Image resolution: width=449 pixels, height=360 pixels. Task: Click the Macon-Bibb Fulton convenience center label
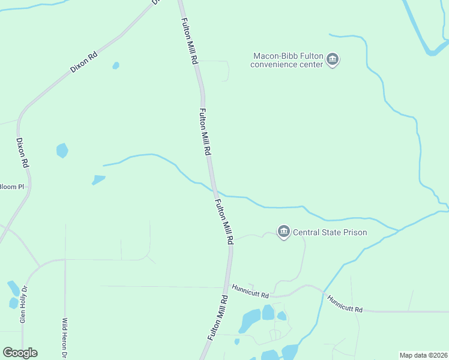(287, 60)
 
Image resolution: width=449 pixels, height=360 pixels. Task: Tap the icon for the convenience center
(333, 60)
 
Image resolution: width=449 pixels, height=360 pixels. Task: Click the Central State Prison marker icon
(283, 232)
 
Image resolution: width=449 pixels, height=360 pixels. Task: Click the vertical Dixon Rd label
(22, 152)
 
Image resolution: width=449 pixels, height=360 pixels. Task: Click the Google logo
(20, 353)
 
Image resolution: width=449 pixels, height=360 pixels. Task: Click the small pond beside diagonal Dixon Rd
(116, 65)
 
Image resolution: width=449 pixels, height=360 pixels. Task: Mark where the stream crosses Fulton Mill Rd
(214, 190)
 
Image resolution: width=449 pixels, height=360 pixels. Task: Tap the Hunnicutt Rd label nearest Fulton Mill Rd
(250, 291)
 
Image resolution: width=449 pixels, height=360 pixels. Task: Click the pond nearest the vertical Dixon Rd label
(62, 150)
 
